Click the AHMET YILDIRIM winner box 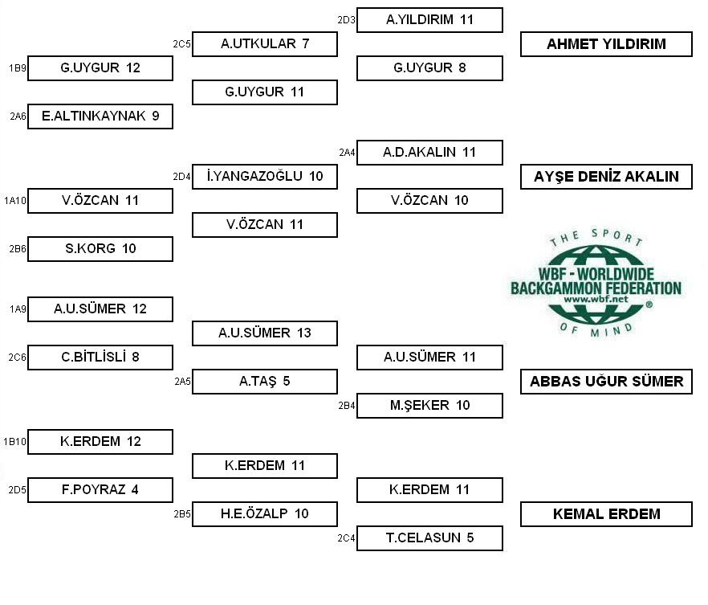[606, 44]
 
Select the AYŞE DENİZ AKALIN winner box [606, 177]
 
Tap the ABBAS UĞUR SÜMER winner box [606, 382]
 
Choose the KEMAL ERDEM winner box [606, 514]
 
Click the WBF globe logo [596, 284]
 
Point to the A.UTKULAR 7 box [265, 44]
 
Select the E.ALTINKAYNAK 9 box [100, 117]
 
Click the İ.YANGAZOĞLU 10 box [265, 176]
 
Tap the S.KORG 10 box [100, 248]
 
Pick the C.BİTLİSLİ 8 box [100, 358]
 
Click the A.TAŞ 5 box [265, 382]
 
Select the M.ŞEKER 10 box [429, 405]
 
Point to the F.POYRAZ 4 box [100, 490]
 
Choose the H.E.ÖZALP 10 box [265, 513]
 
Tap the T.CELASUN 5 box [429, 538]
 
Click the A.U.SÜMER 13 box [265, 333]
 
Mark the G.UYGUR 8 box [429, 67]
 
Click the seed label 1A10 [15, 201]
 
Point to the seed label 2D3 [346, 20]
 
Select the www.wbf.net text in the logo [596, 299]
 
